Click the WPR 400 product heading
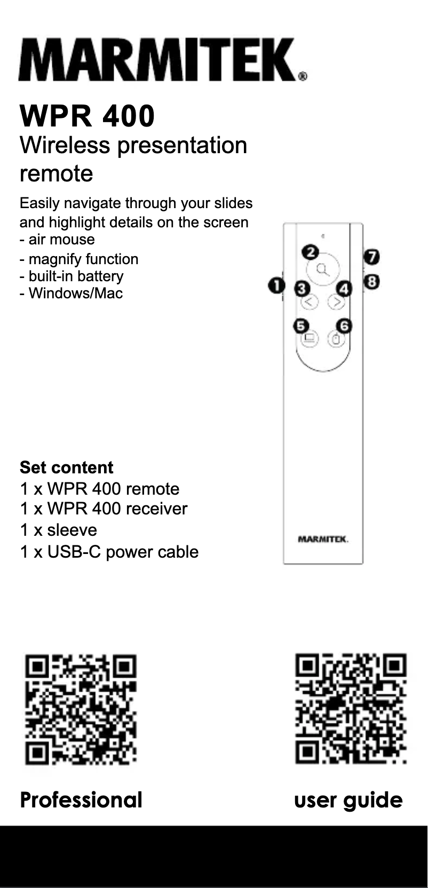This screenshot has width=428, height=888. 87,116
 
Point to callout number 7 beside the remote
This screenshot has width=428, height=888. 371,257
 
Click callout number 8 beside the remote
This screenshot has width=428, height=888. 372,281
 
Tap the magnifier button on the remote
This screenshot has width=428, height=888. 323,269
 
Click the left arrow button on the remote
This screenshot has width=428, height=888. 310,303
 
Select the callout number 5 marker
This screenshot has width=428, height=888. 302,326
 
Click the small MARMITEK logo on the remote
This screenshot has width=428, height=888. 323,540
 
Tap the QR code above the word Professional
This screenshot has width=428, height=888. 81,709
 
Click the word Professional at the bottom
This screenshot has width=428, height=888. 81,800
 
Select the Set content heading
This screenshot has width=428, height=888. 67,467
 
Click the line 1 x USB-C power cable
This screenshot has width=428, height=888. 109,551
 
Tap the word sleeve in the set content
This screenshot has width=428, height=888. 72,530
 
